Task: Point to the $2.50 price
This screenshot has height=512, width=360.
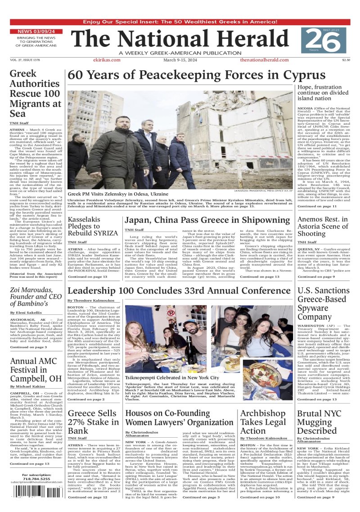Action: [346, 60]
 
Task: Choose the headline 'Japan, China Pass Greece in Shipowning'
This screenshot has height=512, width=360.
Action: [207, 220]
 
